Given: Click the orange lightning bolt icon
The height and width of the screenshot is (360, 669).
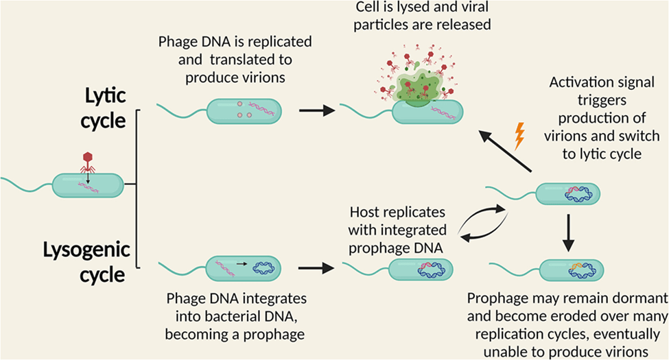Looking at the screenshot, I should click(x=519, y=135).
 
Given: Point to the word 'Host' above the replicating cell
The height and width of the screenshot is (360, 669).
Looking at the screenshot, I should click(x=364, y=212).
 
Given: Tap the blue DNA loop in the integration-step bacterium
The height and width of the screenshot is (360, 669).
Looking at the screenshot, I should click(x=264, y=265).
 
